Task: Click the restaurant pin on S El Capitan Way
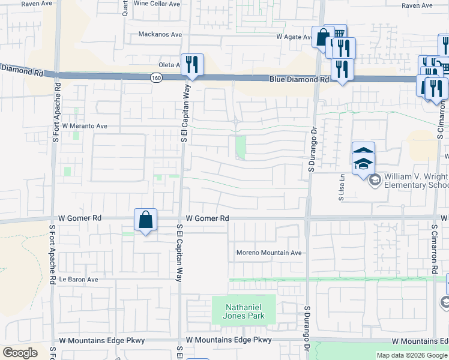(192, 65)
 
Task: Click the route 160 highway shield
(155, 77)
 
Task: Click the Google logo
(20, 352)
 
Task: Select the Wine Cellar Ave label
(157, 4)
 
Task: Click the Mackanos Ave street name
(160, 34)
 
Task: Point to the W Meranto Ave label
(84, 126)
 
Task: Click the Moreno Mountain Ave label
(268, 253)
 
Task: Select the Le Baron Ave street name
(78, 280)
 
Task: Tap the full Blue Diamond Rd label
(299, 79)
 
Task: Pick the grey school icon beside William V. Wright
(375, 179)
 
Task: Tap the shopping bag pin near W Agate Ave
(322, 37)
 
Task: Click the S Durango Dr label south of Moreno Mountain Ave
(307, 326)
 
